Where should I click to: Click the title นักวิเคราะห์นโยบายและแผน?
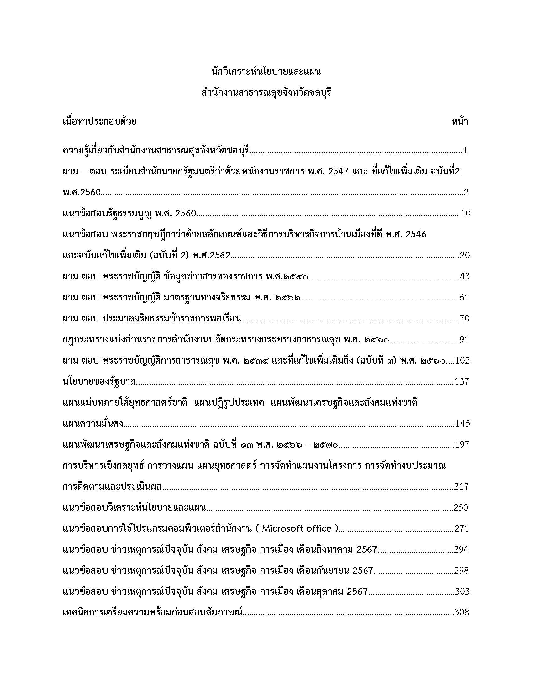click(266, 72)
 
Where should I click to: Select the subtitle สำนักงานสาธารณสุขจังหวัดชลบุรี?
click(266, 93)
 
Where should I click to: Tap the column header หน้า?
click(459, 121)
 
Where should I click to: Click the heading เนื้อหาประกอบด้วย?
click(100, 121)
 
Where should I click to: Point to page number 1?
click(465, 150)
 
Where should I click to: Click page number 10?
click(465, 214)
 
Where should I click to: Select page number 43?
click(465, 277)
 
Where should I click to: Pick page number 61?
click(464, 298)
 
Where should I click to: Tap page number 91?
click(464, 340)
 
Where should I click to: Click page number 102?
click(462, 361)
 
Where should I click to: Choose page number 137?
click(462, 382)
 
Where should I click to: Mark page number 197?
click(462, 445)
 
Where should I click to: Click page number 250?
click(461, 508)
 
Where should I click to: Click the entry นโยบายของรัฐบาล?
click(99, 382)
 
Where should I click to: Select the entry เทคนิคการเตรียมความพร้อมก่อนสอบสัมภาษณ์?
click(152, 613)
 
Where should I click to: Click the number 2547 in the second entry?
click(339, 172)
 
